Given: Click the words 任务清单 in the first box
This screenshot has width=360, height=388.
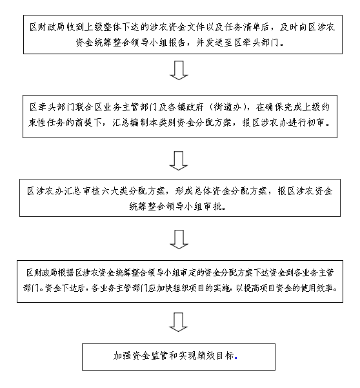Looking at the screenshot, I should pyautogui.click(x=252, y=26).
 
